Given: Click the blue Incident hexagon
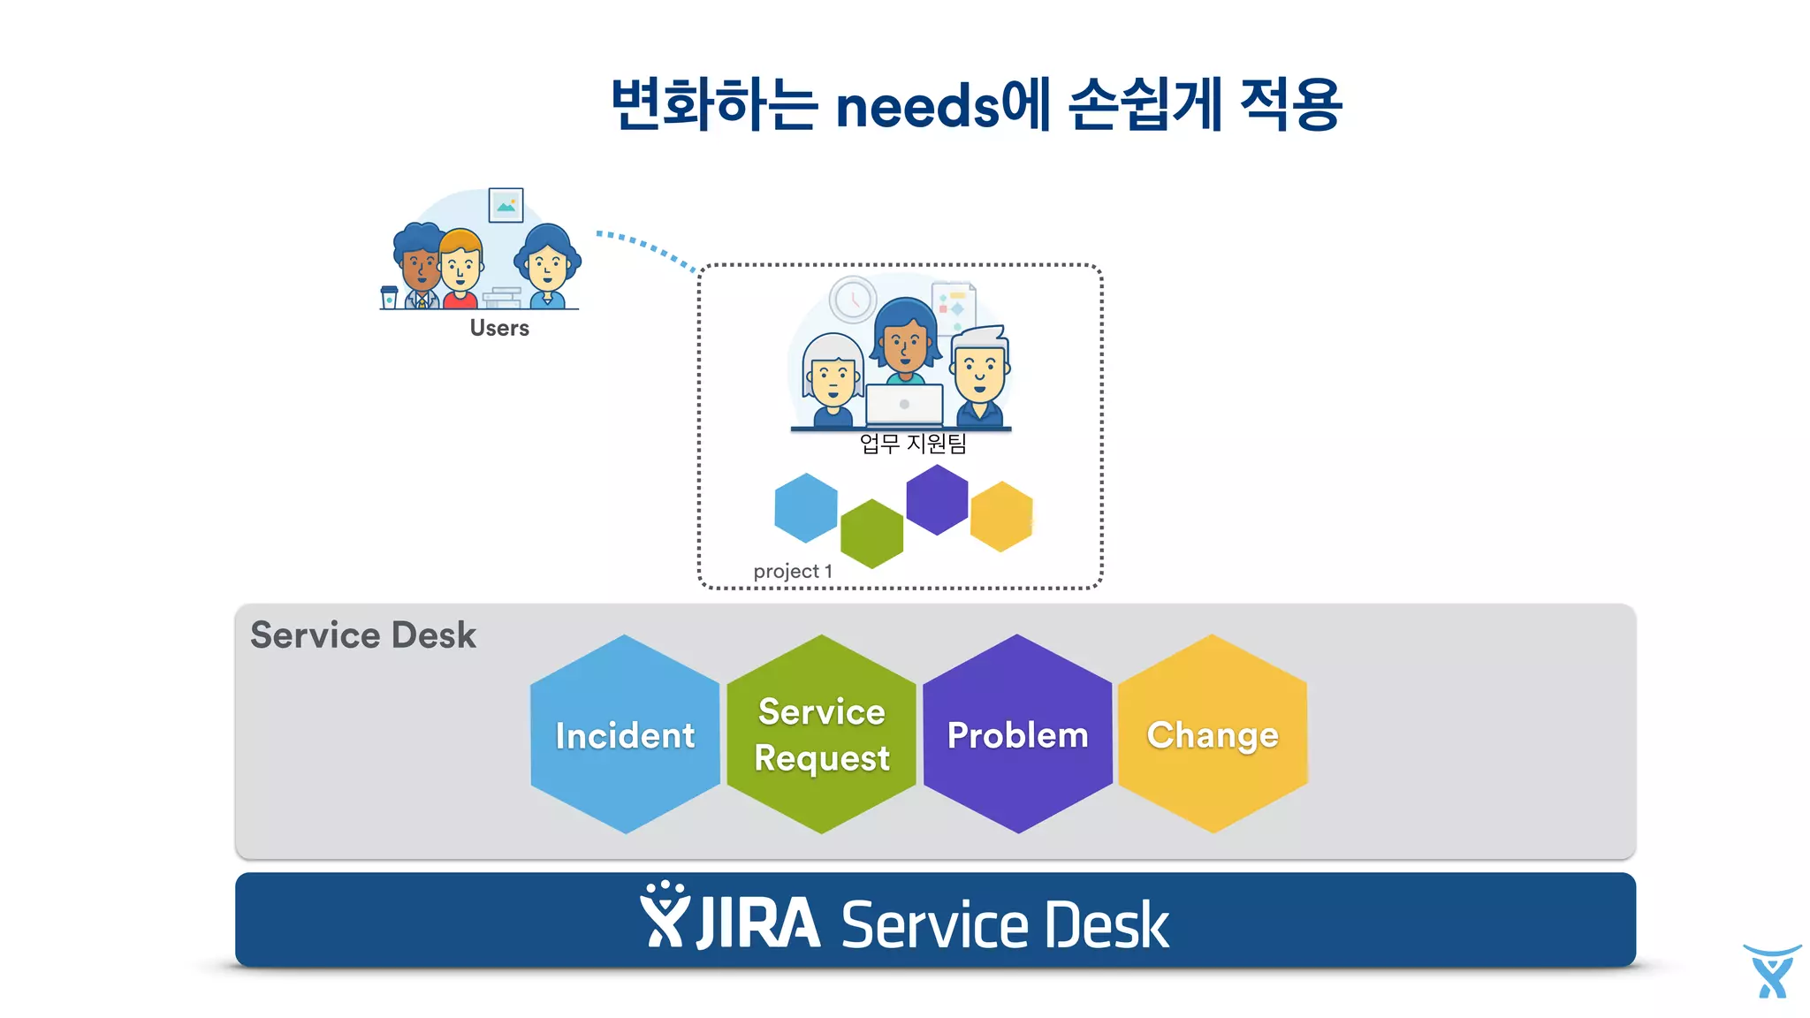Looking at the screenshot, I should point(625,734).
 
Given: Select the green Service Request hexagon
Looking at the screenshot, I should point(821,734).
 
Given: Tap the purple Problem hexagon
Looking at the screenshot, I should point(1017,734).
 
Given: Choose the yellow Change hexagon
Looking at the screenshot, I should point(1213,734).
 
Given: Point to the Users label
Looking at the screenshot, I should point(499,328).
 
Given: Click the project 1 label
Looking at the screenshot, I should point(793,571).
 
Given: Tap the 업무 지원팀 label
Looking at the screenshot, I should point(913,443).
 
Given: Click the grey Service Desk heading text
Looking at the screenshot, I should point(363,635).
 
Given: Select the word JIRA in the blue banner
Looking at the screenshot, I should point(758,923).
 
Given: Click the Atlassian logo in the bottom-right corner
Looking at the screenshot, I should point(1771,971).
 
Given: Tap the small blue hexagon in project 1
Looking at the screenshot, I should point(805,508).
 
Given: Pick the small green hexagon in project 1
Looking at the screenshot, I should point(871,533).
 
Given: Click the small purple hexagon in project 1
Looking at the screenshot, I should point(937,500).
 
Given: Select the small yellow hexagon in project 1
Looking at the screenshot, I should point(1001,516).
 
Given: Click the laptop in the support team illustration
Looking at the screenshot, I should point(904,405).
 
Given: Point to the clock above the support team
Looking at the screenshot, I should point(853,299).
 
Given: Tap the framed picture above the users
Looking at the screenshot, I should point(506,205).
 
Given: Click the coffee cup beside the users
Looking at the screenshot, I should point(389,297).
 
